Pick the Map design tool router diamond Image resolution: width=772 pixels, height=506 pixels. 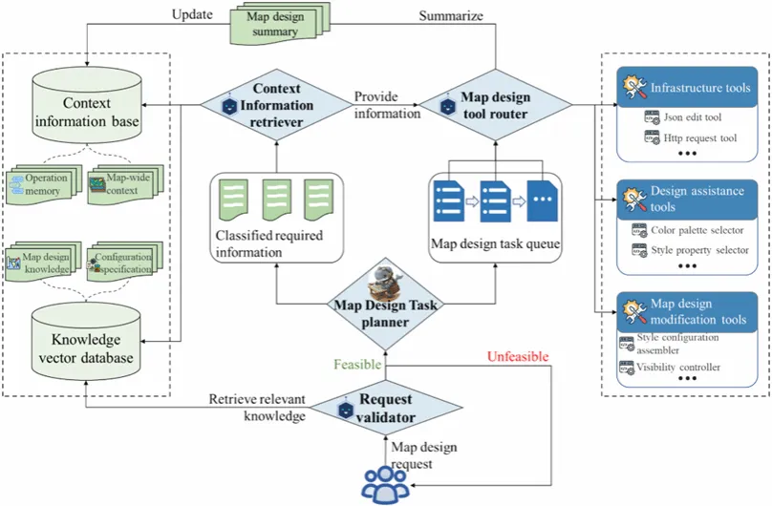tap(496, 105)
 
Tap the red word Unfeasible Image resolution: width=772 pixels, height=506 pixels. tap(519, 357)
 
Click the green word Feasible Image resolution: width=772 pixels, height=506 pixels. tap(357, 365)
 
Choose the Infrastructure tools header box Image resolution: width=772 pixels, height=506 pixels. tap(686, 88)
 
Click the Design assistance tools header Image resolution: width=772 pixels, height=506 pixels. tap(686, 200)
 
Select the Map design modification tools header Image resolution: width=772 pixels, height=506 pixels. tap(686, 311)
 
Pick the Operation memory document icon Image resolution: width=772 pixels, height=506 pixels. tap(38, 183)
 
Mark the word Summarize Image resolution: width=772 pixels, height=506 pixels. tap(452, 16)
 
